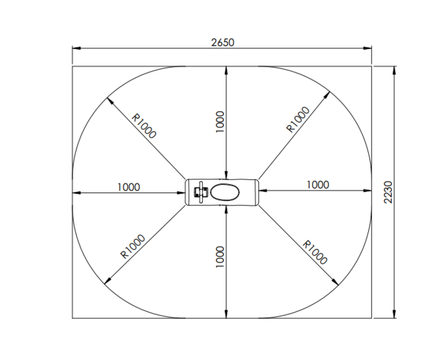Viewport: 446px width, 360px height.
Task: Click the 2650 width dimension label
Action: point(223,43)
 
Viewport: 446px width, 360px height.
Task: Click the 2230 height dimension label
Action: point(388,192)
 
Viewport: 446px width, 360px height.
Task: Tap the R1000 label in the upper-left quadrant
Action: point(144,126)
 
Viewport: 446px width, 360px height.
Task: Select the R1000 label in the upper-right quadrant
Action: point(298,120)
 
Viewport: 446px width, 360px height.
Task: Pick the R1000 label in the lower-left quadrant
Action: point(133,247)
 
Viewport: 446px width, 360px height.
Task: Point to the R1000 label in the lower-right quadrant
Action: point(315,253)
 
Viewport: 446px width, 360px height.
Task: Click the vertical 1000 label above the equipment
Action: point(220,122)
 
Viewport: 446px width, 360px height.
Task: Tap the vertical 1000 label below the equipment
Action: point(220,257)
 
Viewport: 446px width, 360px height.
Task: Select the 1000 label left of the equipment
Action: point(129,187)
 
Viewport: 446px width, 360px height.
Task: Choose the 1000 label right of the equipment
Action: point(318,185)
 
